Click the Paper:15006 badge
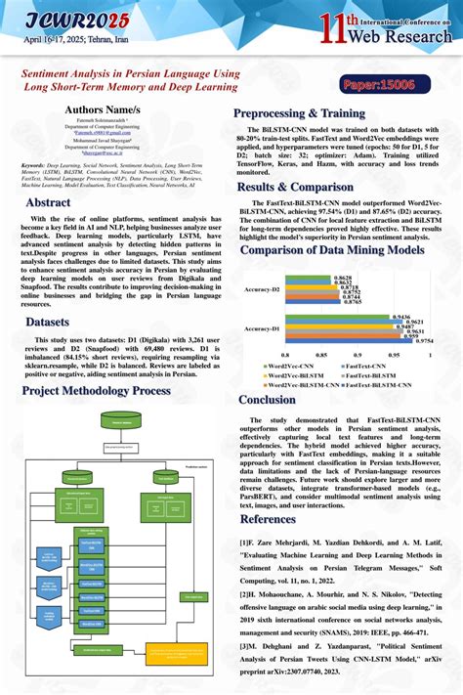[x=378, y=86]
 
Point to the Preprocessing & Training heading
[x=300, y=113]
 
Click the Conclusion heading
[x=267, y=399]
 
